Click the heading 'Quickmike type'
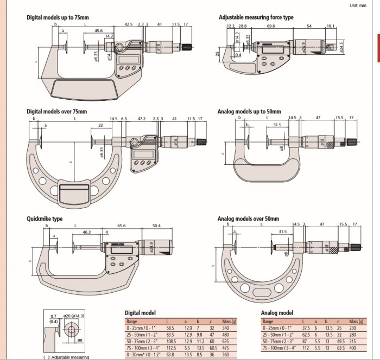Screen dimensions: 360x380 (x=45, y=219)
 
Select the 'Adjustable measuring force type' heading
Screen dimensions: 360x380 (x=256, y=17)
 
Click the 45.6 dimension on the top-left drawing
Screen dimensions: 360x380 (x=99, y=31)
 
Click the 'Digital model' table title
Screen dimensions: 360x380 (x=141, y=313)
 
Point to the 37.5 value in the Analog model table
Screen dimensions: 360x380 (x=306, y=329)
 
